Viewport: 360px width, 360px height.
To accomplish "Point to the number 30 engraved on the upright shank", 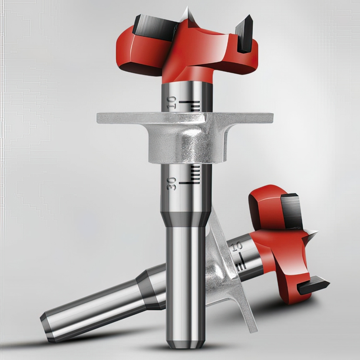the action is [172, 184].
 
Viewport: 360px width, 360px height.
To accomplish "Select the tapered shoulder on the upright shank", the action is [185, 219].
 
